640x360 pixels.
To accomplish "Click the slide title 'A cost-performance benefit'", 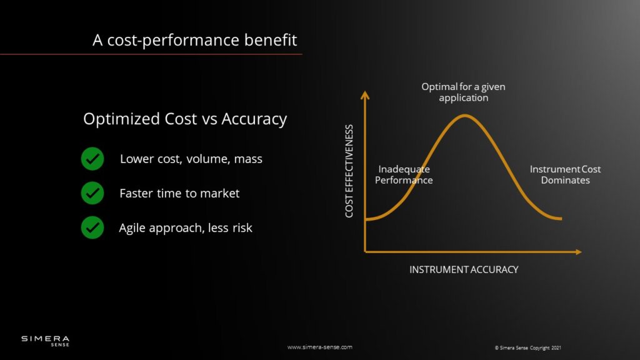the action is click(195, 40).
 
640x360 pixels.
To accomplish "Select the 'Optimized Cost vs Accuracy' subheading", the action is click(185, 119).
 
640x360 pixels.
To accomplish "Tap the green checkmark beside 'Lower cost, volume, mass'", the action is click(92, 159).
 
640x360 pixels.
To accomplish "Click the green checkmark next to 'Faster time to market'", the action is click(92, 193).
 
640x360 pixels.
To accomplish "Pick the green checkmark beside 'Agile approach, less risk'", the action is click(92, 227).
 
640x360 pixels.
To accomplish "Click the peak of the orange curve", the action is click(464, 116).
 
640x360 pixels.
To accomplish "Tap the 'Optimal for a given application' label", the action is click(463, 92).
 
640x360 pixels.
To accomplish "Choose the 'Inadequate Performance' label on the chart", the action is click(404, 175).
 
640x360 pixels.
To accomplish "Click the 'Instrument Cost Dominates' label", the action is click(565, 175).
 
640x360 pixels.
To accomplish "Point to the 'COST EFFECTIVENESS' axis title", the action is click(349, 171).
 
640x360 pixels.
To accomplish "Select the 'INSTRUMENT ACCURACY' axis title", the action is click(464, 269).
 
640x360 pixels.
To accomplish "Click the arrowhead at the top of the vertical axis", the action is click(365, 95).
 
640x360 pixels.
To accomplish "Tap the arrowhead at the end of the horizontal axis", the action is click(578, 252).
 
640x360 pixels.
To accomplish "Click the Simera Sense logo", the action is click(45, 341).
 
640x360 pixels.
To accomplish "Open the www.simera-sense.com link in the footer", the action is click(319, 347).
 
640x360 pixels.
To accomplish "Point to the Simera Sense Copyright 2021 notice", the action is click(527, 347).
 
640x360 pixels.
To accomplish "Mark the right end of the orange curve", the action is click(561, 219).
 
